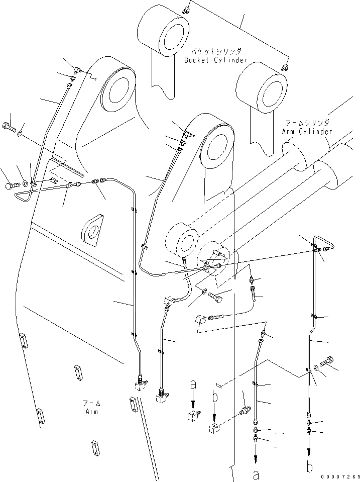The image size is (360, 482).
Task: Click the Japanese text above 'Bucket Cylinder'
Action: click(x=216, y=51)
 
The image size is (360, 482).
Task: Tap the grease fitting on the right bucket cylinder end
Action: click(x=285, y=66)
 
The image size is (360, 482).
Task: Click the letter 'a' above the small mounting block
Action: click(x=193, y=386)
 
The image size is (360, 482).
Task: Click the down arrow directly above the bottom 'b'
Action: click(x=310, y=447)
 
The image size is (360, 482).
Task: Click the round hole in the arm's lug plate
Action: click(x=93, y=232)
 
